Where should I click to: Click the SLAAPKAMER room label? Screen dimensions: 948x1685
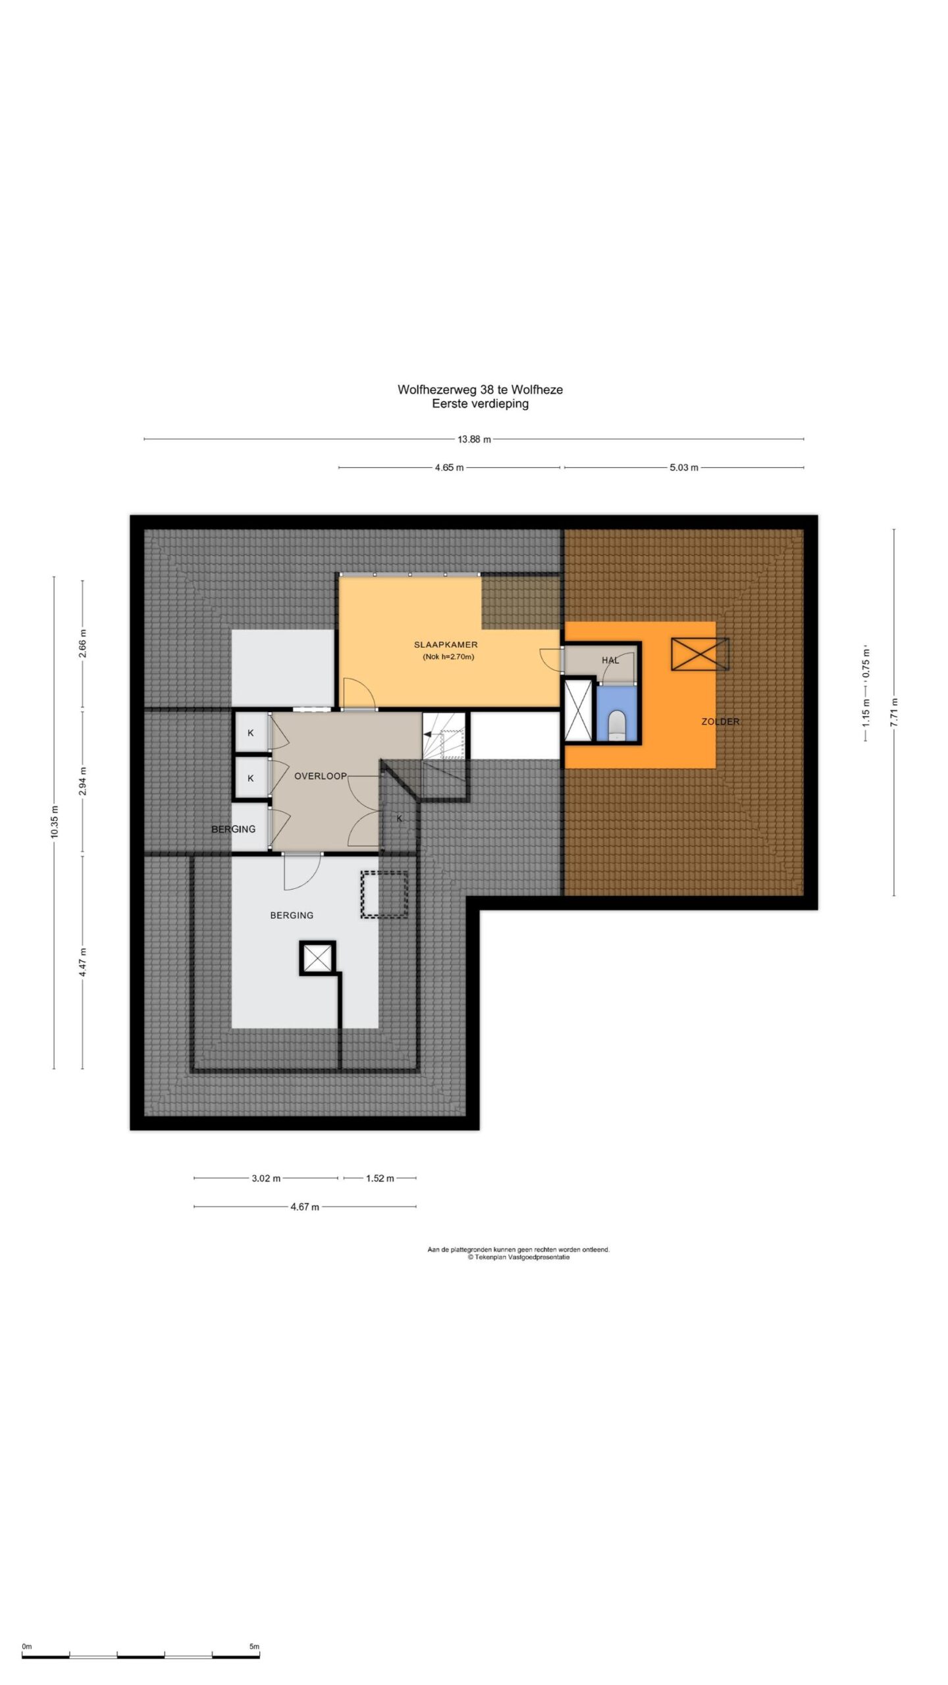click(x=446, y=644)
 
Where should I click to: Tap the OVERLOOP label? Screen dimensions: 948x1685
click(x=320, y=776)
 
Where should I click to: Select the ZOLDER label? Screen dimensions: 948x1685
click(x=720, y=721)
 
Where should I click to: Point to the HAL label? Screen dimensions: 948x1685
click(x=610, y=660)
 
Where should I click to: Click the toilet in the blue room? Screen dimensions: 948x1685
click(x=617, y=725)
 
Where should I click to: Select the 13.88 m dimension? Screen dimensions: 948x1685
click(x=474, y=439)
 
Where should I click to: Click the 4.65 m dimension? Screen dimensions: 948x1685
click(x=449, y=467)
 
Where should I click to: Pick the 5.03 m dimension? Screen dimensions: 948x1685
click(x=684, y=467)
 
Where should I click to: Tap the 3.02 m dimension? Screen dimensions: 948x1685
click(x=266, y=1178)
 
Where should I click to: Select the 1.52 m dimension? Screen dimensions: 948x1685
click(x=380, y=1178)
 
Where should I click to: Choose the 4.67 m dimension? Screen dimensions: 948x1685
click(x=305, y=1206)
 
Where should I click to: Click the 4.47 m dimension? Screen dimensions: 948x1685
click(x=83, y=962)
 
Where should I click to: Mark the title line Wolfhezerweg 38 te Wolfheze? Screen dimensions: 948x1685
click(x=480, y=390)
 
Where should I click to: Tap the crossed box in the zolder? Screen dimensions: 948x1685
click(x=700, y=654)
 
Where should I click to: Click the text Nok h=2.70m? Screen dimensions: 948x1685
click(x=448, y=657)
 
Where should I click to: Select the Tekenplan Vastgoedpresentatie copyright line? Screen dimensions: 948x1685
click(x=519, y=1257)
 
